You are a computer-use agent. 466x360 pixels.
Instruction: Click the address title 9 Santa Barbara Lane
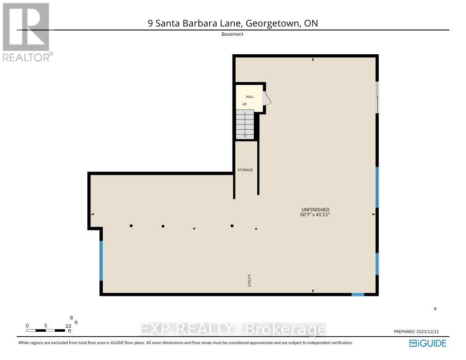[233, 23]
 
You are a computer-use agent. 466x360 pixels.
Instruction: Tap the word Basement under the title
[233, 34]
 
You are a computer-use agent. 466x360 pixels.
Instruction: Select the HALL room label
[250, 97]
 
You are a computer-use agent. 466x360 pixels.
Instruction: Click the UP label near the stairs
[244, 104]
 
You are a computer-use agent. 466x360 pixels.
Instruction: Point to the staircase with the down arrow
[245, 124]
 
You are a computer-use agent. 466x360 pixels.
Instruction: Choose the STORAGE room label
[245, 170]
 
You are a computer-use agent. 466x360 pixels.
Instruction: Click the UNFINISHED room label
[315, 210]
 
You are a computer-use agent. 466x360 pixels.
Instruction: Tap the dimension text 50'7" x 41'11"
[315, 214]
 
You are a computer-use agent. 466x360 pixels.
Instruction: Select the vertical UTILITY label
[249, 281]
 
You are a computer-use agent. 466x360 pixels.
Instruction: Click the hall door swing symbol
[267, 98]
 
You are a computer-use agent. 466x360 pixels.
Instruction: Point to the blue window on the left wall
[101, 260]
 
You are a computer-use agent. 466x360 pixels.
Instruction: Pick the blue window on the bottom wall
[357, 294]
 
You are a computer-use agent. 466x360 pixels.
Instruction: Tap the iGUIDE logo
[428, 343]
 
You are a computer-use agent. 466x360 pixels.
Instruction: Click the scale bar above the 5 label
[45, 330]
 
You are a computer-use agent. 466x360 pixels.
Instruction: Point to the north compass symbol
[435, 309]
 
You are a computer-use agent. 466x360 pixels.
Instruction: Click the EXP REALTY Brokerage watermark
[233, 330]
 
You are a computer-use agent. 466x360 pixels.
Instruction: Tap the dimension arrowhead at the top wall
[313, 59]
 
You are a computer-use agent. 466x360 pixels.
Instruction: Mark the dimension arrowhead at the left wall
[93, 214]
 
